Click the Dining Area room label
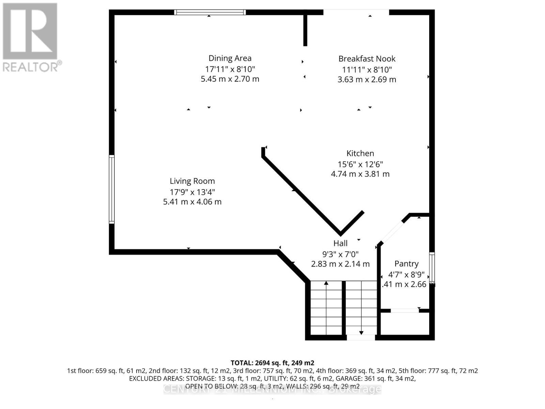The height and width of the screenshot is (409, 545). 230,58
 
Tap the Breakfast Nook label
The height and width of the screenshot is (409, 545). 367,59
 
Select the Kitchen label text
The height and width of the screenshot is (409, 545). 360,153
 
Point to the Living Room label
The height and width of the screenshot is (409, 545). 192,181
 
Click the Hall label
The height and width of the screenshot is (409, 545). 340,243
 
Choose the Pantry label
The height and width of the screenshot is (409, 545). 406,264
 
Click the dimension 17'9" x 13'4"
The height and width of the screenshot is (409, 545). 192,192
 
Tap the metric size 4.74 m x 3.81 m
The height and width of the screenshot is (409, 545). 360,174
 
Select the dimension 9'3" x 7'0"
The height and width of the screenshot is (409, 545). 340,254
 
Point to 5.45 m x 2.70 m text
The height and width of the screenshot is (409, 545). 230,79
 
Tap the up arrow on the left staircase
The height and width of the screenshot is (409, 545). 326,284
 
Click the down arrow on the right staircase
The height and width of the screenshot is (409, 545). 361,332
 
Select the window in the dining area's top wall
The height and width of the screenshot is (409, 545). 210,13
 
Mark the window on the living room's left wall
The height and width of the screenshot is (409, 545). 112,189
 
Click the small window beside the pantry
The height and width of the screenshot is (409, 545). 432,268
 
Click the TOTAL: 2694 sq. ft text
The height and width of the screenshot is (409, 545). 272,363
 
